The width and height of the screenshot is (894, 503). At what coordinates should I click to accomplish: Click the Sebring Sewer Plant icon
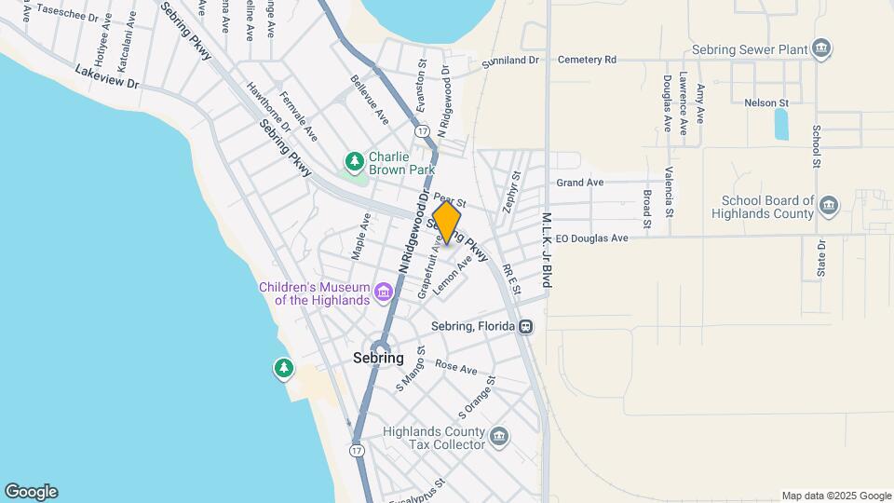(821, 48)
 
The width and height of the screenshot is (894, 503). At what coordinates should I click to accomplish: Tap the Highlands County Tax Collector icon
(499, 436)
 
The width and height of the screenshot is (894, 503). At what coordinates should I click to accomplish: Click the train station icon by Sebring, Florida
(526, 327)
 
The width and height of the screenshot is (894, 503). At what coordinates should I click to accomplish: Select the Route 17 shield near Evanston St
(423, 132)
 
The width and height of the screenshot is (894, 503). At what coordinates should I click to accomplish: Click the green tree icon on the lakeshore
(284, 368)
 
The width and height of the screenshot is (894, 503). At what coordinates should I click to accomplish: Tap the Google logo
(31, 492)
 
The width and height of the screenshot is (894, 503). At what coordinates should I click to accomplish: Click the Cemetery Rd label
(587, 60)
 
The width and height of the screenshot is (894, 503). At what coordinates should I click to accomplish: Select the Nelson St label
(766, 102)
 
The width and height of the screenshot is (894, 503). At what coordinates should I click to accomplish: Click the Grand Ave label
(579, 183)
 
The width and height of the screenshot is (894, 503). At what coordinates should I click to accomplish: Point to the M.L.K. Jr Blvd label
(547, 249)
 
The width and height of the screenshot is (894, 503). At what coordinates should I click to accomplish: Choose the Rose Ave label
(455, 369)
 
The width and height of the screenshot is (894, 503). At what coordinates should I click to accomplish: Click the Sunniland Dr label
(510, 61)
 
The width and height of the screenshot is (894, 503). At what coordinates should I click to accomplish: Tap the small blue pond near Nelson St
(780, 124)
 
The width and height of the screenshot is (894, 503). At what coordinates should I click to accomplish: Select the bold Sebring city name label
(378, 358)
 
